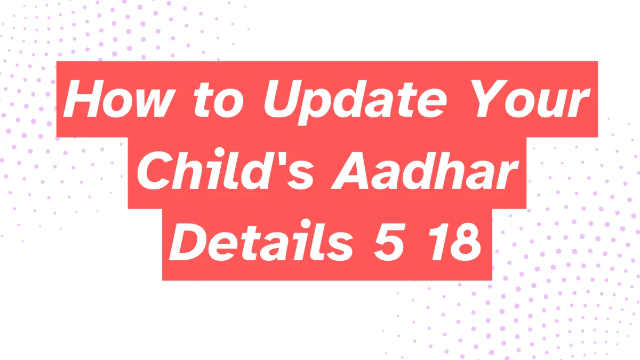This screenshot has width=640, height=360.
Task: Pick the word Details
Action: click(x=259, y=245)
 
